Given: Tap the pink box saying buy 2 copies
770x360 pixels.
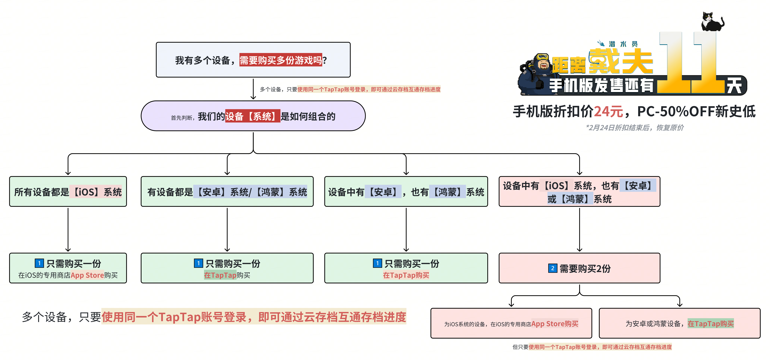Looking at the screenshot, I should point(579,268).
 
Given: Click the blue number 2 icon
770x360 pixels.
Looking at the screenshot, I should point(552,268).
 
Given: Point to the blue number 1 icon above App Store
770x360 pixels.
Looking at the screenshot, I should point(39,263).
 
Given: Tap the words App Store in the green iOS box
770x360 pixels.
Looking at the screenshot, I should point(87,275).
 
